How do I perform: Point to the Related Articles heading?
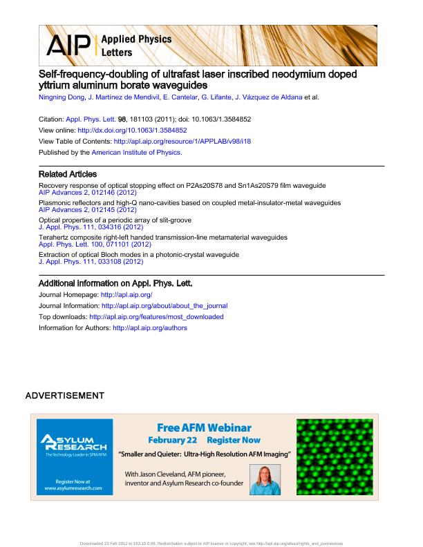click(x=68, y=174)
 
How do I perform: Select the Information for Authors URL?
click(x=149, y=328)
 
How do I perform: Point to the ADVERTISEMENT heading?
click(x=64, y=396)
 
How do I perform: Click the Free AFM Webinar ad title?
click(x=204, y=428)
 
